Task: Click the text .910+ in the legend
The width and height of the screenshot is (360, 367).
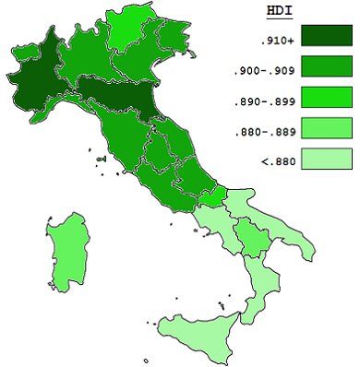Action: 276,41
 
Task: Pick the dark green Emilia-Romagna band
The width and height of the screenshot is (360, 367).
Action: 115,96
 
